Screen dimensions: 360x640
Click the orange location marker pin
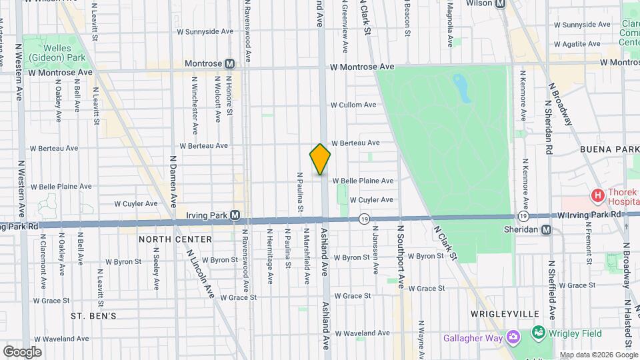(x=320, y=159)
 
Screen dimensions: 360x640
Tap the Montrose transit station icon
(x=230, y=64)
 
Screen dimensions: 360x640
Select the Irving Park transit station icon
(x=235, y=215)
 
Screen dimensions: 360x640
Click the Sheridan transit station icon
(x=547, y=230)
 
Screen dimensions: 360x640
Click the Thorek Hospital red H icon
(x=598, y=195)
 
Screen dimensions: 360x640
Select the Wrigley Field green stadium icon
(x=537, y=332)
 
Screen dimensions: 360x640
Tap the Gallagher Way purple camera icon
(x=512, y=337)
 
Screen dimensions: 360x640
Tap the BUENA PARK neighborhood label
(x=609, y=149)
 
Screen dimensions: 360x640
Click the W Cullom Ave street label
(x=353, y=105)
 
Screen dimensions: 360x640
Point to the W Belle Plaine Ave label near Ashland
(x=363, y=181)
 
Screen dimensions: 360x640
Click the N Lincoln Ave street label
(x=201, y=273)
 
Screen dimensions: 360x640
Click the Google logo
(x=21, y=351)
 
